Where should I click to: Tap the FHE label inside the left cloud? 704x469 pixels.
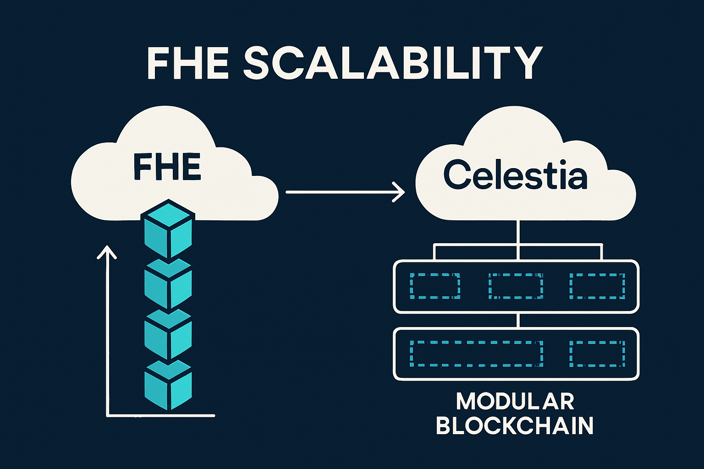coord(167,167)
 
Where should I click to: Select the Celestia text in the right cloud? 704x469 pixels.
coord(515,176)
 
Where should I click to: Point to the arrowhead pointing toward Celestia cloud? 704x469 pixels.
coord(400,192)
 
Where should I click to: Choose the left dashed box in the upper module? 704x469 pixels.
coord(435,286)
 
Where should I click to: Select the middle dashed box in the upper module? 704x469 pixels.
coord(516,286)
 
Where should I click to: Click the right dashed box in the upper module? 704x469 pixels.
coord(597,286)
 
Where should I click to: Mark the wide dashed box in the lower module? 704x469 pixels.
coord(476,354)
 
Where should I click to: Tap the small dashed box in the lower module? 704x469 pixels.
coord(597,354)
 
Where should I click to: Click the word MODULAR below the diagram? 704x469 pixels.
coord(515,402)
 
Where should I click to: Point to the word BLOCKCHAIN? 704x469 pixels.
coord(515,425)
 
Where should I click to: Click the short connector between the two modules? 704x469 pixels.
coord(517,321)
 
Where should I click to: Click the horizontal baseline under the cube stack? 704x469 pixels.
coord(160,416)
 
